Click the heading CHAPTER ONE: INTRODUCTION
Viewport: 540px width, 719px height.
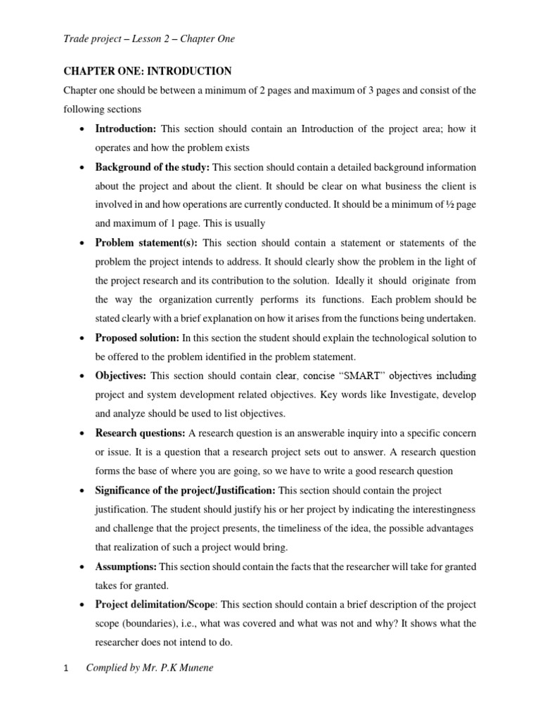[147, 72]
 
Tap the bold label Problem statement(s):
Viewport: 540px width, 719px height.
[146, 243]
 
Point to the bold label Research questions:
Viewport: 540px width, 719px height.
[141, 433]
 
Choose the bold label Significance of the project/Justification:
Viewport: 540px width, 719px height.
[186, 489]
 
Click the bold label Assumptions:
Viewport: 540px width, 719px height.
[127, 565]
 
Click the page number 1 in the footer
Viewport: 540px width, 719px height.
[66, 668]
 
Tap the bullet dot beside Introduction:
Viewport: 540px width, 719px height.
[84, 130]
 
